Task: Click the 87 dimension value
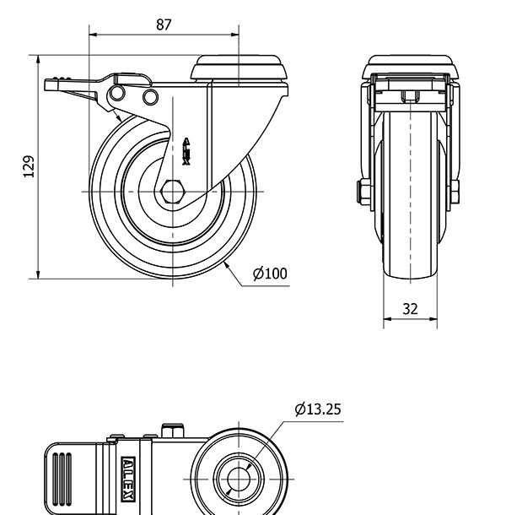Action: [x=164, y=24]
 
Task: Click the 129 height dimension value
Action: [x=28, y=166]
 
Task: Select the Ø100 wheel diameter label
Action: [x=270, y=273]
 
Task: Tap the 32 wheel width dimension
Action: [x=410, y=309]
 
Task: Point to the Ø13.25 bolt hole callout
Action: [x=318, y=409]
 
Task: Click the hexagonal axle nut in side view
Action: [x=172, y=192]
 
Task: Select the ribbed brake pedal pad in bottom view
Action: [x=62, y=477]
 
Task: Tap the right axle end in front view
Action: [x=455, y=192]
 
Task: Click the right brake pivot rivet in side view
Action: [x=150, y=98]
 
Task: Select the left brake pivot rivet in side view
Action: [x=119, y=92]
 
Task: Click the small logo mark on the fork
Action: [x=186, y=150]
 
